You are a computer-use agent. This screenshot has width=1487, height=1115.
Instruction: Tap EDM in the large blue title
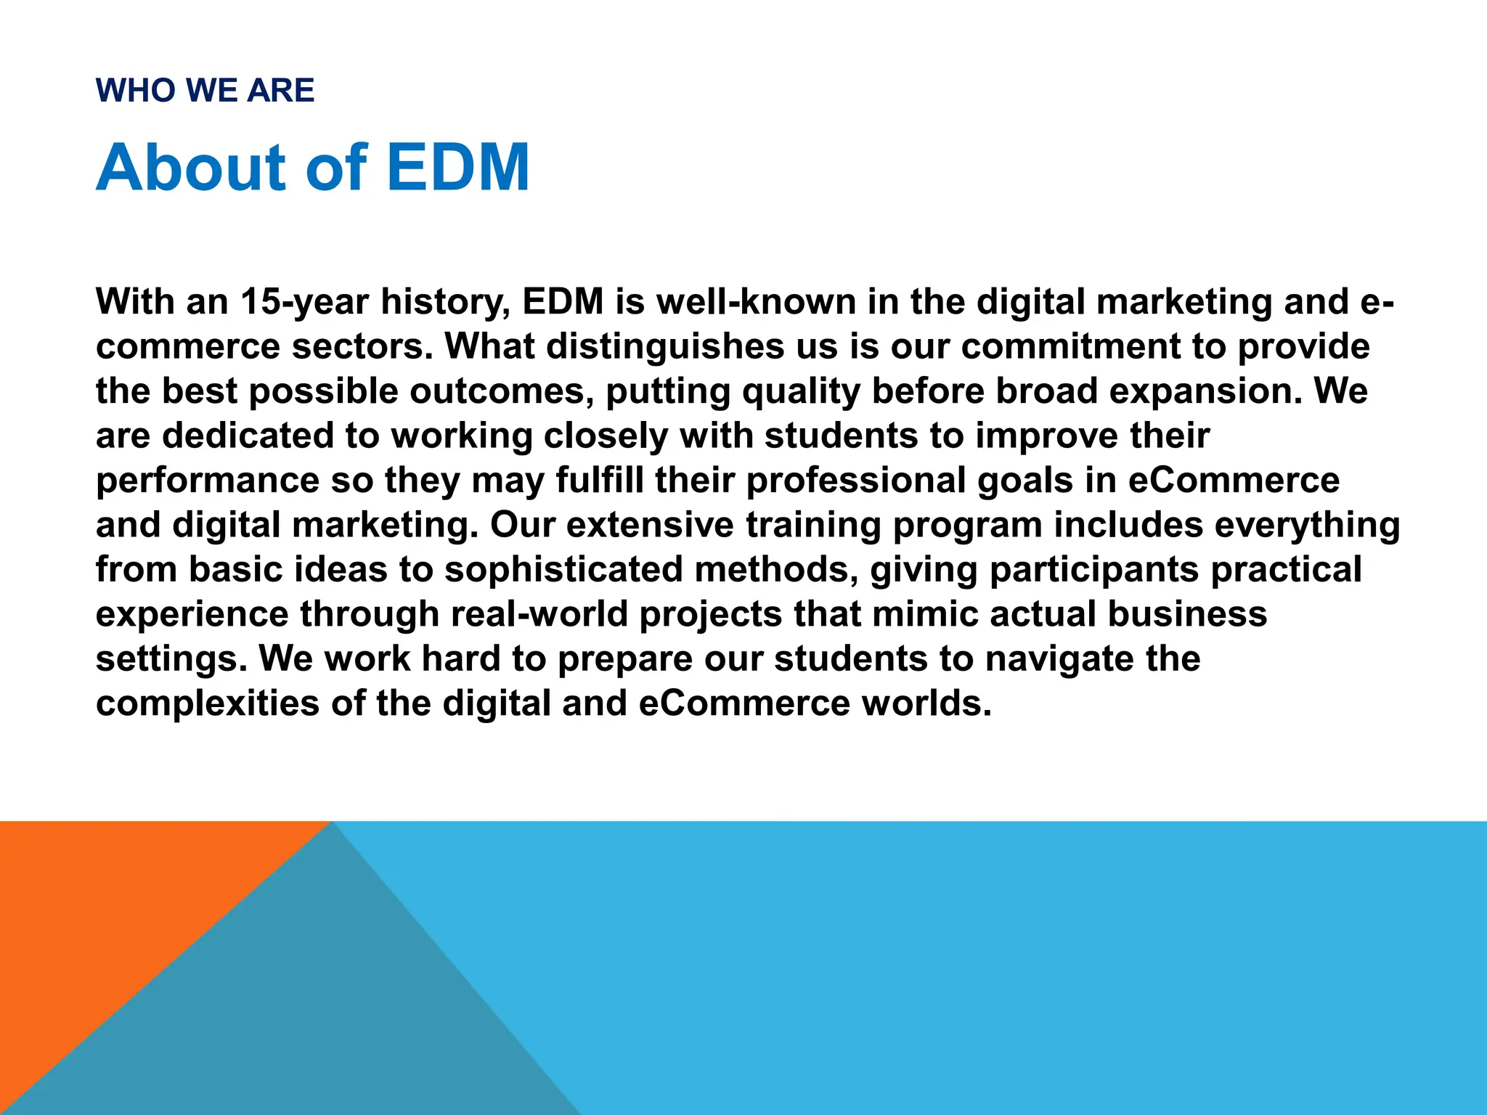[457, 168]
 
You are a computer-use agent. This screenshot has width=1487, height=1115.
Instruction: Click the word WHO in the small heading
[135, 91]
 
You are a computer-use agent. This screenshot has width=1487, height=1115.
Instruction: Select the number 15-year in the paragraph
[304, 302]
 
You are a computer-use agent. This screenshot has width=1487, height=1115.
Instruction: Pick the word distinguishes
[665, 346]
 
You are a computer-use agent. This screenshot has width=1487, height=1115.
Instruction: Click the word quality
[801, 392]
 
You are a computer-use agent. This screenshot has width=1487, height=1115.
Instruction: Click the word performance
[208, 481]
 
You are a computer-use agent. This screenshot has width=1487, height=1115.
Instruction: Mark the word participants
[1093, 570]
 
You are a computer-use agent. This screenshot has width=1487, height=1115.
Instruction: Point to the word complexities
[208, 703]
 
